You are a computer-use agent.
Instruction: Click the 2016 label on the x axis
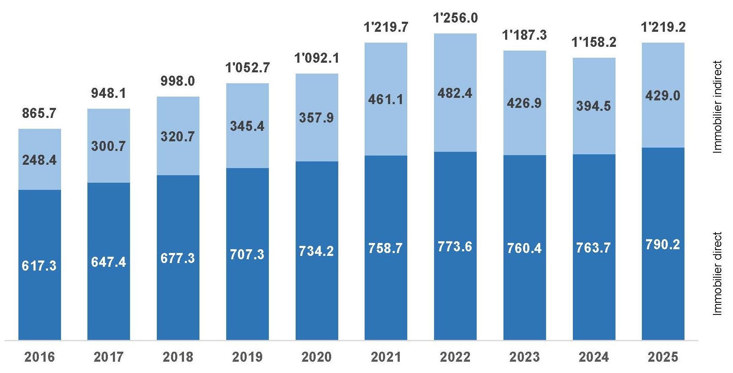click(39, 357)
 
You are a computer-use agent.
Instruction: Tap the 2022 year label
click(455, 357)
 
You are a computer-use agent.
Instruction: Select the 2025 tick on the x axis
click(663, 357)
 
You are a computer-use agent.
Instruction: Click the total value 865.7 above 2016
click(39, 113)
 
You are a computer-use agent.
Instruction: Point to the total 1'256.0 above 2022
click(455, 18)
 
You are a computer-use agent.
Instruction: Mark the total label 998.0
click(178, 81)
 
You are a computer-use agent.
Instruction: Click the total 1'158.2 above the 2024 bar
click(594, 42)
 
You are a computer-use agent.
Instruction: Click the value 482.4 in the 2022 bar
click(455, 93)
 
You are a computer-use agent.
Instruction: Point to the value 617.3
click(39, 266)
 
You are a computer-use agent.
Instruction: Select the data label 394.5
click(594, 106)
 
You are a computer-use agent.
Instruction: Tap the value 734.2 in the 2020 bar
click(317, 251)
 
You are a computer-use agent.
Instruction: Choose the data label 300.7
click(109, 146)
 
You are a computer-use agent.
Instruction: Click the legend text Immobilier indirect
click(718, 107)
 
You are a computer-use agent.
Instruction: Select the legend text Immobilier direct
click(718, 273)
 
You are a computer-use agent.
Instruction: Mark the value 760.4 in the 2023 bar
click(524, 248)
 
